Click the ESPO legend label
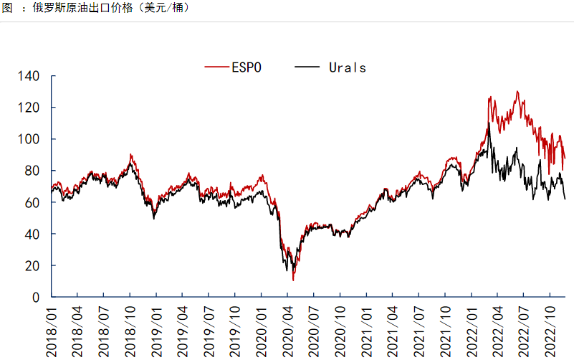246,68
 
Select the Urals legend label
348,68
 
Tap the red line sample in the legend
216,68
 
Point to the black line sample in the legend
307,68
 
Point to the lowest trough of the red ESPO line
293,280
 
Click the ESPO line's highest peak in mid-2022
517,92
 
